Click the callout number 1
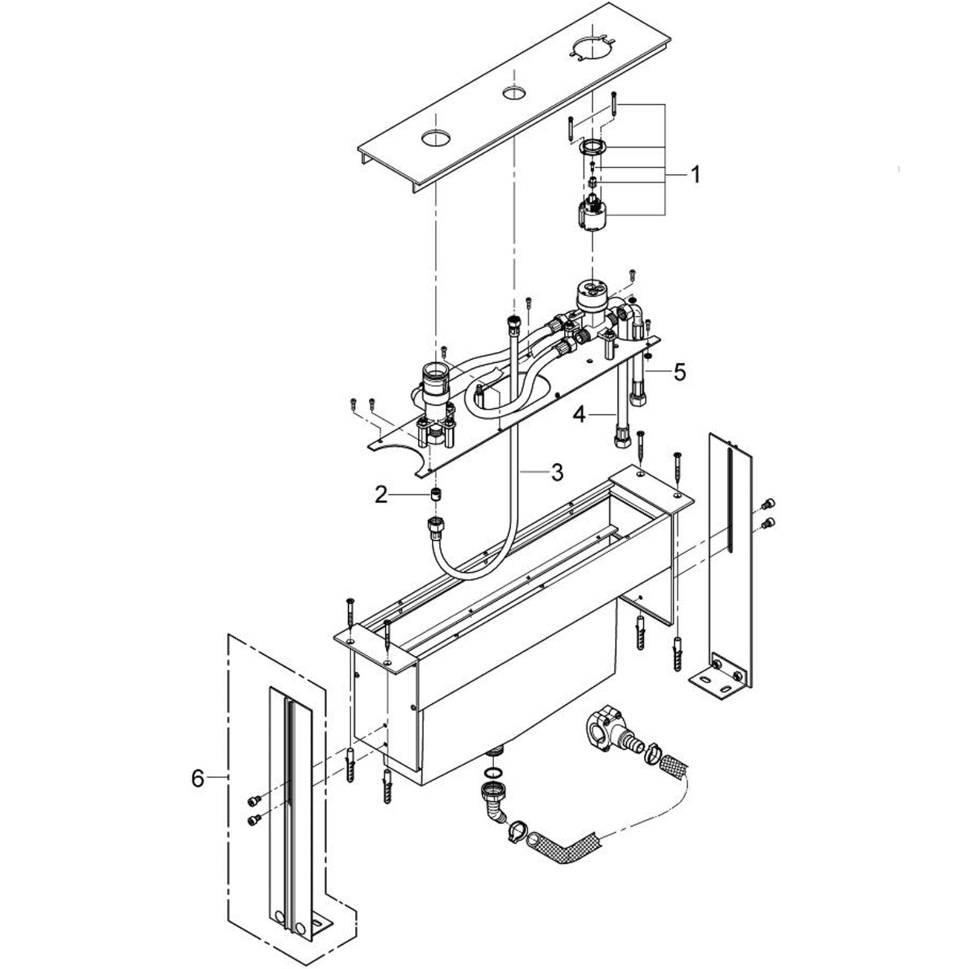(x=696, y=175)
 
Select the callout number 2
(x=380, y=495)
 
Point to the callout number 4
(x=580, y=415)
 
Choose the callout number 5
(x=680, y=372)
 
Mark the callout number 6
(x=198, y=778)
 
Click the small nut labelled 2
(x=434, y=494)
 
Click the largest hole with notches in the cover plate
(x=590, y=48)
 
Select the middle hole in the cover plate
(x=514, y=93)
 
